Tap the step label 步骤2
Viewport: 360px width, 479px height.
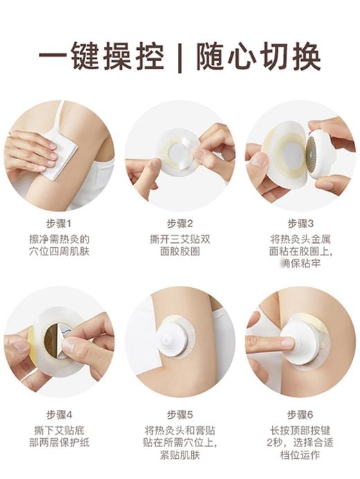pyautogui.click(x=180, y=223)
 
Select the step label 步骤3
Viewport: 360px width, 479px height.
pyautogui.click(x=300, y=223)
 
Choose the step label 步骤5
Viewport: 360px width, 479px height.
pyautogui.click(x=180, y=415)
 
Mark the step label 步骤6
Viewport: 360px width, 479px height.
pyautogui.click(x=300, y=415)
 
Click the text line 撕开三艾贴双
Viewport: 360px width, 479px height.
pyautogui.click(x=180, y=239)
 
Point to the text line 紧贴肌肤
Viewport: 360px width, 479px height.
pyautogui.click(x=180, y=455)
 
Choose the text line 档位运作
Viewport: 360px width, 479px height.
pyautogui.click(x=300, y=455)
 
